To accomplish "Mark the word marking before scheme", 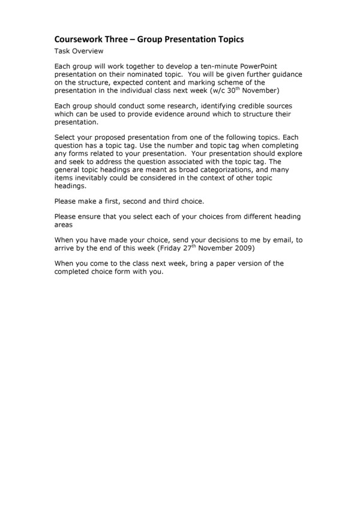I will coord(186,82).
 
